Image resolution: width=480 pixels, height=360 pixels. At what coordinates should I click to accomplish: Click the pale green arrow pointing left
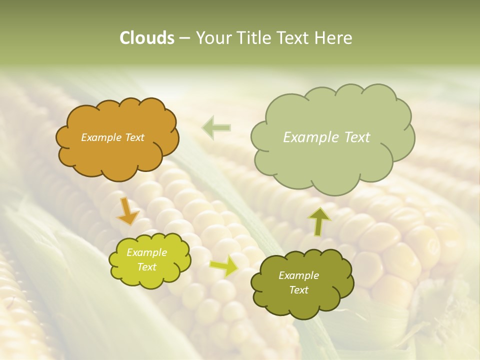(216, 128)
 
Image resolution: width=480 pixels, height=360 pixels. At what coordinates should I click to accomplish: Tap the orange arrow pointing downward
(128, 210)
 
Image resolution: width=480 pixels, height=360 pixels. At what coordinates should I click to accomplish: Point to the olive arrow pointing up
(318, 221)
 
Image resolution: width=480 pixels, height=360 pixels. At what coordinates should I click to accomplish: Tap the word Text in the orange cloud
(134, 137)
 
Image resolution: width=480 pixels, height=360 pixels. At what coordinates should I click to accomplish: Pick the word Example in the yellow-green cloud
(146, 252)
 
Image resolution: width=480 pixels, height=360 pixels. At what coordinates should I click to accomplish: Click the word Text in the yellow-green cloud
(146, 267)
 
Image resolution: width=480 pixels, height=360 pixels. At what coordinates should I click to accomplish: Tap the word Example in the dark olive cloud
(298, 275)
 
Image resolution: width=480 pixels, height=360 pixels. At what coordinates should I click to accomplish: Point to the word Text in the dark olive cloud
(298, 290)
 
